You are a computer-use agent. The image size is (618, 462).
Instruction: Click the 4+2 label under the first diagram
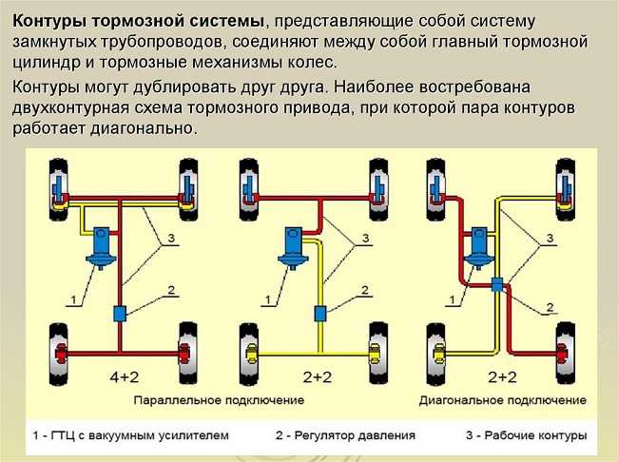pos(125,377)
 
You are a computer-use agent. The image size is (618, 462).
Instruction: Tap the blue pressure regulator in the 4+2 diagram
pos(120,314)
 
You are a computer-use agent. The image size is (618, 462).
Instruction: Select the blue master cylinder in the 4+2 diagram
pos(102,247)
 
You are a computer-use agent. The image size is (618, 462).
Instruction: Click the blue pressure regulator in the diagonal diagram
pos(497,284)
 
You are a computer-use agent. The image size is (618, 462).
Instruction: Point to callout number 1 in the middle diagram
pos(268,300)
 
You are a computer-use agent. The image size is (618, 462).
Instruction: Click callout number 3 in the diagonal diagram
pos(550,238)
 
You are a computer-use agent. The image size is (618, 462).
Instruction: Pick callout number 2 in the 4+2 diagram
pos(171,290)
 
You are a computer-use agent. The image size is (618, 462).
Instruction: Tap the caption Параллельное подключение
pos(219,400)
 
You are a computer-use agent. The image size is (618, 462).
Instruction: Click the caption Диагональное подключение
pos(503,400)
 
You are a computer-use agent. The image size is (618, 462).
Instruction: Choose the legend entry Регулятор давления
pos(355,435)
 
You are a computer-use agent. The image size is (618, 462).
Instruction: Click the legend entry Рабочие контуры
pos(535,435)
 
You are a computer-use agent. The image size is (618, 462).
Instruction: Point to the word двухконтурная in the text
pos(70,107)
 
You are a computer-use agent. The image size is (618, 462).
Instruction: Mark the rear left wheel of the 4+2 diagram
pos(58,354)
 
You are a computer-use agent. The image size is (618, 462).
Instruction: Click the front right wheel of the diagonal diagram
pos(565,189)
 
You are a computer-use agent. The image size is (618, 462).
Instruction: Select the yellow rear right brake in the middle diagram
pos(375,353)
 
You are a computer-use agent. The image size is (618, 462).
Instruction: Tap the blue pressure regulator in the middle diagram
pos(320,314)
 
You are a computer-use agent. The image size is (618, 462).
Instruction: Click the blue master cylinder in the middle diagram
pos(293,248)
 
